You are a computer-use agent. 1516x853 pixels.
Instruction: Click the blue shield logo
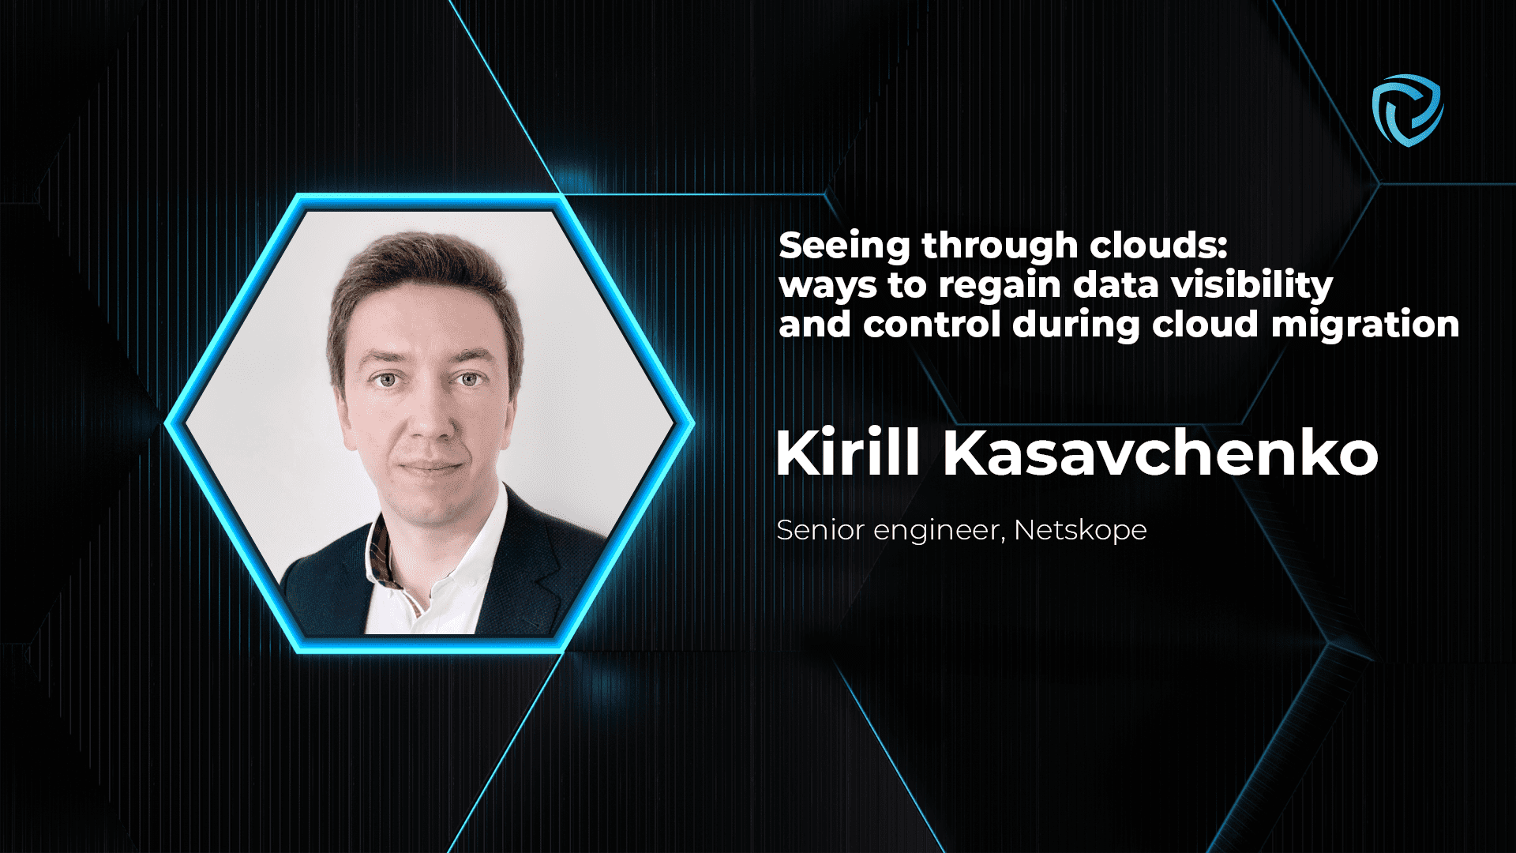pos(1408,110)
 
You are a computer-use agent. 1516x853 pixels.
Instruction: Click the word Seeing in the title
pos(844,246)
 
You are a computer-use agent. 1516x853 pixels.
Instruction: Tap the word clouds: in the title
pos(1158,246)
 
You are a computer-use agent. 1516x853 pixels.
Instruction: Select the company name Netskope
pos(1080,530)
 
